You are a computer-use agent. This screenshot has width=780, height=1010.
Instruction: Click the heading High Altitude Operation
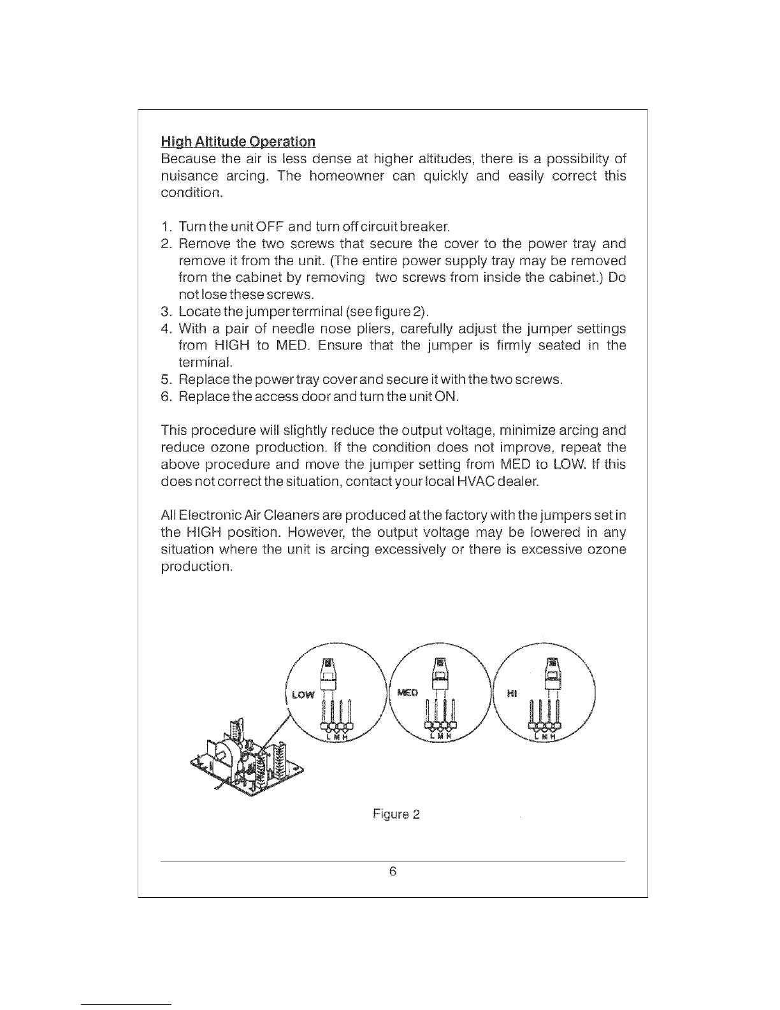click(x=238, y=141)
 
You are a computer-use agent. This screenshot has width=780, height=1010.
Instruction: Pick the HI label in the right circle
click(x=510, y=694)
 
